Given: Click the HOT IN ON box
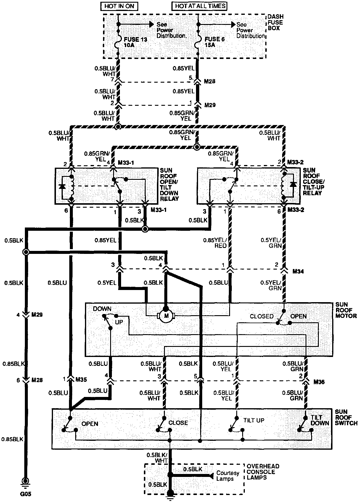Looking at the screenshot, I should (119, 6).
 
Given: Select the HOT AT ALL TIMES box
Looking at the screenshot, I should (200, 6).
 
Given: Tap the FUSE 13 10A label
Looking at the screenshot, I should (135, 42).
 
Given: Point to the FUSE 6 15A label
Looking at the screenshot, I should (213, 42).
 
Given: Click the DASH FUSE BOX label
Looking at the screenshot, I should (275, 23).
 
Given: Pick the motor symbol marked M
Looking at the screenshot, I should (166, 316).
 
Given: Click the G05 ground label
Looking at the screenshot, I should (26, 494).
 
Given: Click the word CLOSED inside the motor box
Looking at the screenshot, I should (261, 316).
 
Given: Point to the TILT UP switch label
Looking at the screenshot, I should (254, 420).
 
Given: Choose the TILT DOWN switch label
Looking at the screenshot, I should (320, 420).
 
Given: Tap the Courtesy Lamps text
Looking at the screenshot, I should (227, 476).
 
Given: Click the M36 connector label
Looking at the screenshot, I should (319, 382).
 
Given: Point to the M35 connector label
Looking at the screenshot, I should (81, 379).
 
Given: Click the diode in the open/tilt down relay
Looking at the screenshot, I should (62, 187).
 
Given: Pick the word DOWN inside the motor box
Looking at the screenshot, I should (102, 309).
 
